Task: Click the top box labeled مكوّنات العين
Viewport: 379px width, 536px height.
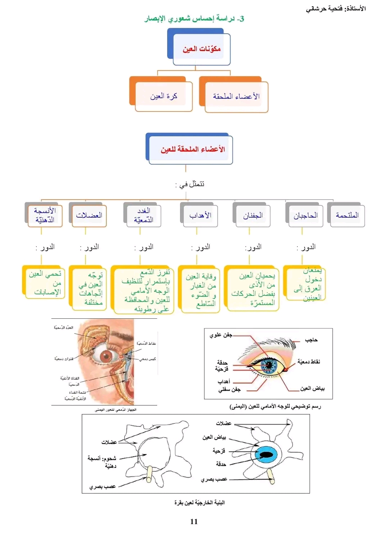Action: point(201,49)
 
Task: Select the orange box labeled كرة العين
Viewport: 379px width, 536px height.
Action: point(164,96)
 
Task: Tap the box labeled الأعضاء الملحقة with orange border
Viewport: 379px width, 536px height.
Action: point(236,96)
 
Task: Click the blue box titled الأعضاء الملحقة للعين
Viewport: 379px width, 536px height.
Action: point(192,149)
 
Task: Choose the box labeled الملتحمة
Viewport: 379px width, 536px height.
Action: point(347,215)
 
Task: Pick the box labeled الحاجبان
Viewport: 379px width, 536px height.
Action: point(305,215)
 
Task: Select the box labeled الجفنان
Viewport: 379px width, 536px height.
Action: point(253,215)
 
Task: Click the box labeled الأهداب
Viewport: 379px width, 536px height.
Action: point(200,215)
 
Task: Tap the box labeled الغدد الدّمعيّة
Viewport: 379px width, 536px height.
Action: point(144,215)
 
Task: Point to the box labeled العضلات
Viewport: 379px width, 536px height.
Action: point(89,215)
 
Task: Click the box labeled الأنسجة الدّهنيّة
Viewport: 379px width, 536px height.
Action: point(45,215)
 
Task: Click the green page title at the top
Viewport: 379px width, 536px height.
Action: point(194,19)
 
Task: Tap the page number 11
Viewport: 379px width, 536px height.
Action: point(194,522)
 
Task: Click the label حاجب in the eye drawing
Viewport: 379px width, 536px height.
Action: point(311,340)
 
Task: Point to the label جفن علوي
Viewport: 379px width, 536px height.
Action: point(221,335)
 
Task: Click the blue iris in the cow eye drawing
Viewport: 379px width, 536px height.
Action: point(267,455)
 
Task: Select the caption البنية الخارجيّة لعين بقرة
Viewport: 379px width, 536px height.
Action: point(199,503)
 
